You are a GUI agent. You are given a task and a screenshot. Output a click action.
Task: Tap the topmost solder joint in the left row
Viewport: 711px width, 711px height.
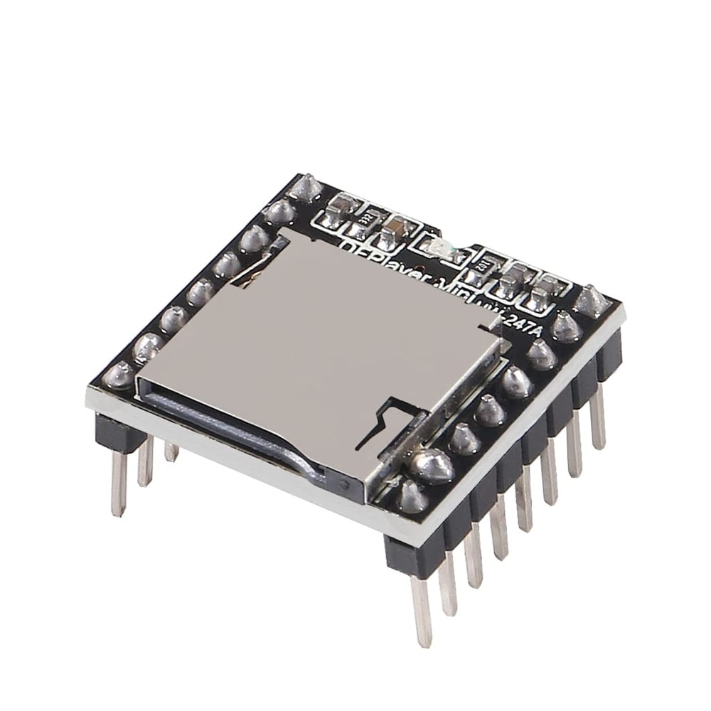pos(306,186)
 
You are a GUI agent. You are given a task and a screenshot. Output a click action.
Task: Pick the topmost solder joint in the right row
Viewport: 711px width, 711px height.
pos(591,299)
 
